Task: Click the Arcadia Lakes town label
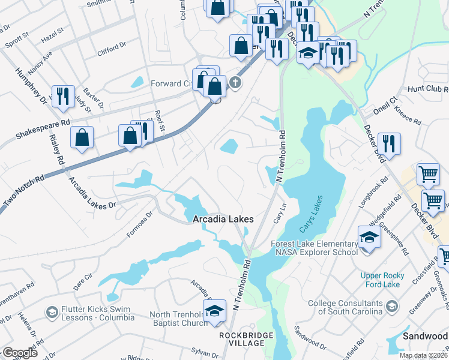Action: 223,220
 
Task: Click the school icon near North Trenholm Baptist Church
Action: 214,311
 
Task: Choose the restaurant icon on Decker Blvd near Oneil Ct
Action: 389,145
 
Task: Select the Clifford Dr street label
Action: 112,50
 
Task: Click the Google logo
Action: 20,353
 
